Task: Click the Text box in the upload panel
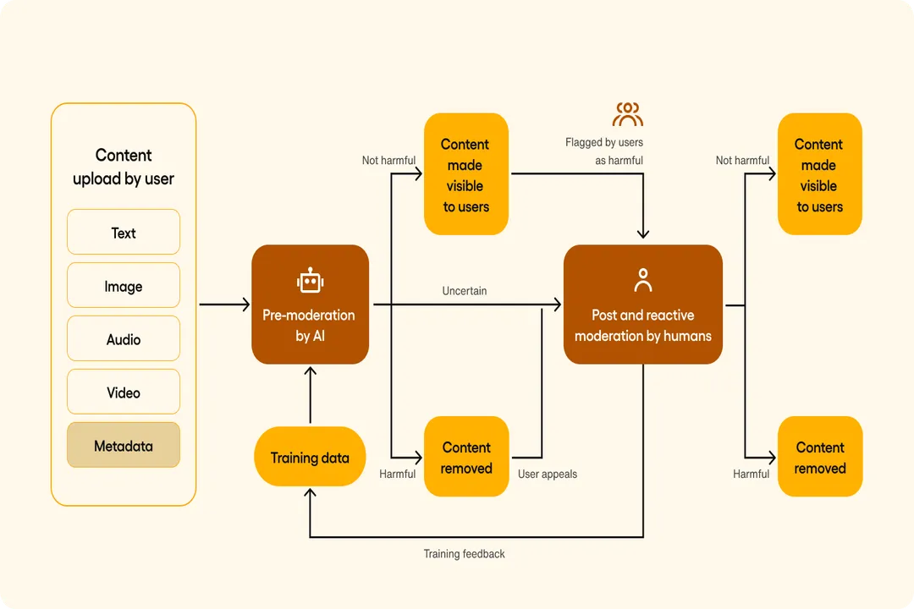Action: click(x=124, y=233)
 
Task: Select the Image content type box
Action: click(x=124, y=286)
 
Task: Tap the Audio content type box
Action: click(x=124, y=339)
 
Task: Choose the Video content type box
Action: click(x=124, y=392)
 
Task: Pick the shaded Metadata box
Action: click(x=124, y=446)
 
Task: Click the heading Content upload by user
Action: click(x=124, y=167)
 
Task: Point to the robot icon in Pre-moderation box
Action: click(x=310, y=281)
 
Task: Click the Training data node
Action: click(x=310, y=458)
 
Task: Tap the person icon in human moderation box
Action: click(x=643, y=280)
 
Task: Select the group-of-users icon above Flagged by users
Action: click(x=628, y=114)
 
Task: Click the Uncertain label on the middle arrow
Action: click(x=465, y=291)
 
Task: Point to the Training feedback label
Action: click(x=464, y=554)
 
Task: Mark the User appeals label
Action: click(x=548, y=474)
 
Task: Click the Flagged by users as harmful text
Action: click(x=605, y=151)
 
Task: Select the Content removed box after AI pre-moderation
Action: click(x=466, y=458)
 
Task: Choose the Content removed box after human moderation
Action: click(x=820, y=458)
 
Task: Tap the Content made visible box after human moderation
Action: click(x=819, y=175)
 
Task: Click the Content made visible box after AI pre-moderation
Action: click(x=465, y=175)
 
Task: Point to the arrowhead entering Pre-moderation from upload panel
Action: click(x=245, y=304)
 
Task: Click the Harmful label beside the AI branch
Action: click(x=398, y=474)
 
